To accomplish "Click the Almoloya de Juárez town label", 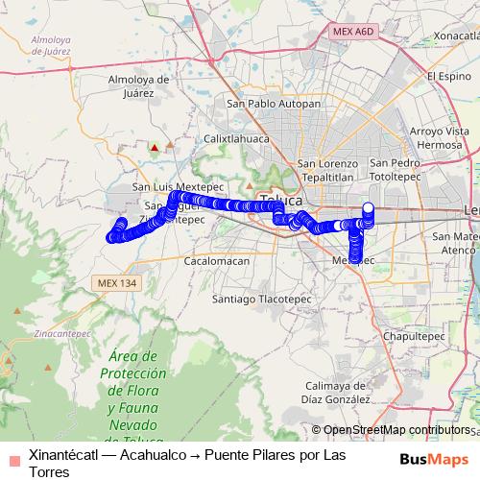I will click(139, 85).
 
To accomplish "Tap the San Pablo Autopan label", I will click(273, 103).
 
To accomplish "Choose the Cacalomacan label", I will click(216, 260).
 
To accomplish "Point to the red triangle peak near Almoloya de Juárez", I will click(154, 147).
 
